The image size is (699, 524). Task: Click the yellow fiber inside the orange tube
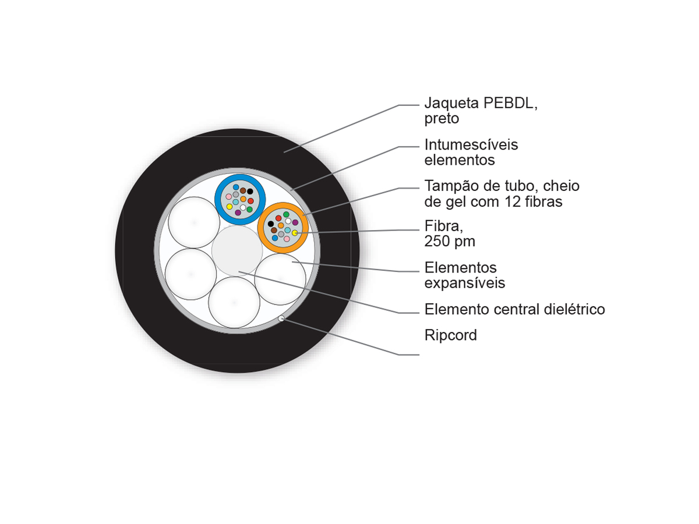pyautogui.click(x=295, y=232)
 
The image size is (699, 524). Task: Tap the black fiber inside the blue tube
pyautogui.click(x=250, y=191)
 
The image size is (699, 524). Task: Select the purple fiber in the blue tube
pyautogui.click(x=238, y=212)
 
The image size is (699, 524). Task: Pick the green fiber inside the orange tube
pyautogui.click(x=286, y=214)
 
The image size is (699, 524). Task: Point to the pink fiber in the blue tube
pyautogui.click(x=229, y=197)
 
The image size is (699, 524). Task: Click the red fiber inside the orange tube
pyautogui.click(x=278, y=218)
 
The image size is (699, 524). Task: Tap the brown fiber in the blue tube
pyautogui.click(x=243, y=190)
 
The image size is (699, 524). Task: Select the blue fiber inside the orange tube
pyautogui.click(x=275, y=238)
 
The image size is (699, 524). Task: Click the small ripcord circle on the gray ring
pyautogui.click(x=281, y=318)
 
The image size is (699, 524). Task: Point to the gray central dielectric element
pyautogui.click(x=237, y=251)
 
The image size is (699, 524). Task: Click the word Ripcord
pyautogui.click(x=451, y=335)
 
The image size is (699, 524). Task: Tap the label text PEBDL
pyautogui.click(x=510, y=103)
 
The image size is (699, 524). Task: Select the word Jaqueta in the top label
pyautogui.click(x=452, y=104)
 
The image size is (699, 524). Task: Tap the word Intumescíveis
pyautogui.click(x=471, y=145)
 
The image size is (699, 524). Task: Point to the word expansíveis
pyautogui.click(x=465, y=284)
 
